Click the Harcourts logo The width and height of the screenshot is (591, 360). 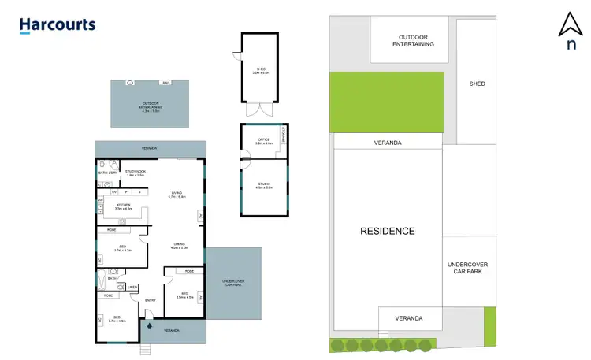point(57,25)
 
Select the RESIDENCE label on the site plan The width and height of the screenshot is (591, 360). point(387,231)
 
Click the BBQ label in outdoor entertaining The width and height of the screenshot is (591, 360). point(165,83)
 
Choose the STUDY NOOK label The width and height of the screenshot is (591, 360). point(136,173)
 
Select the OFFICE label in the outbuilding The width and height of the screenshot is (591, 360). point(263,141)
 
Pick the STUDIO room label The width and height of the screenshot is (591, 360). point(263,186)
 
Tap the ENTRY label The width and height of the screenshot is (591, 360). point(151,299)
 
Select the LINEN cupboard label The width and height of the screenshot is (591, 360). point(132,287)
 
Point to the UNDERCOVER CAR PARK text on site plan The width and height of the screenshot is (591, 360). point(469,267)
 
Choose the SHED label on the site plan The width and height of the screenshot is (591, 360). point(477,84)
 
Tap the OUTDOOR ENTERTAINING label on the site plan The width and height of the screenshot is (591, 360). point(414,40)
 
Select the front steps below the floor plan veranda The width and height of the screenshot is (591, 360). point(145,349)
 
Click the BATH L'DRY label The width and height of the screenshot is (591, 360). point(108,172)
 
